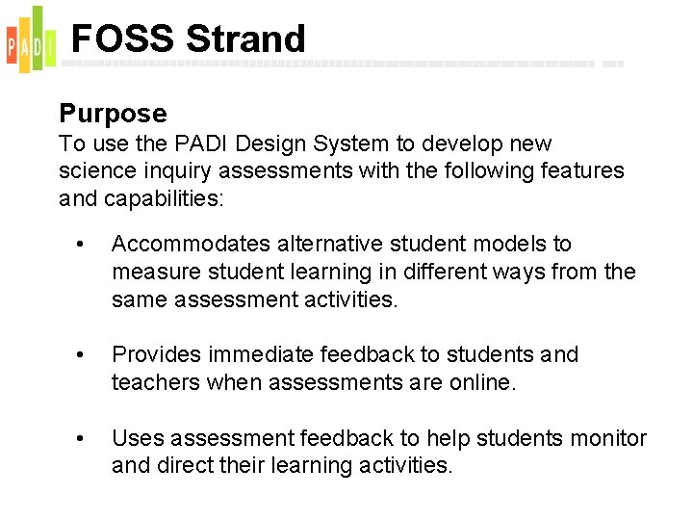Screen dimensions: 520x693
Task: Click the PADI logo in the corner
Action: [26, 39]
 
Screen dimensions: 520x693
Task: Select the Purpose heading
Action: [113, 114]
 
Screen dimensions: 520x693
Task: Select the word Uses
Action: [136, 439]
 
